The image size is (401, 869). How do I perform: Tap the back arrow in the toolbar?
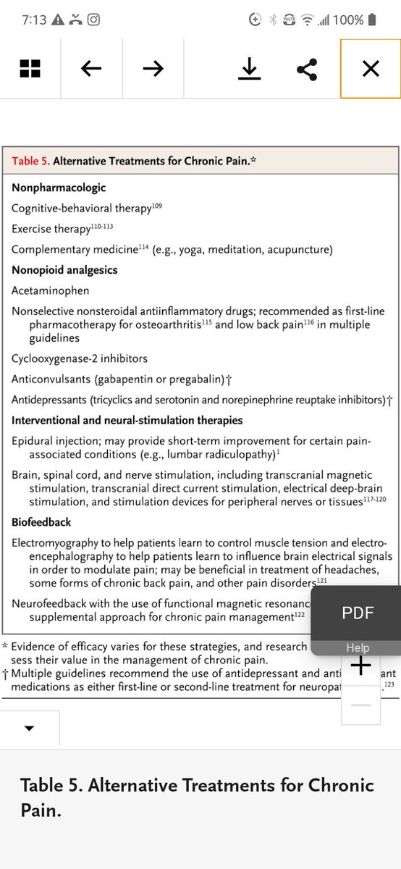(91, 69)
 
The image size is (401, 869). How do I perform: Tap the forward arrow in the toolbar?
(153, 69)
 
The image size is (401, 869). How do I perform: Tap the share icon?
(308, 69)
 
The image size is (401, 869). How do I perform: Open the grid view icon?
(30, 69)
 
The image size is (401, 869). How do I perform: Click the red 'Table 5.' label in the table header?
(30, 161)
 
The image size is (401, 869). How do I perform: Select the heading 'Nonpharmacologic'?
(59, 188)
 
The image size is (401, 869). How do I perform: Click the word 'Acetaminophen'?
(51, 290)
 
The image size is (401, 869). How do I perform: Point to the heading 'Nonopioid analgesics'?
(64, 270)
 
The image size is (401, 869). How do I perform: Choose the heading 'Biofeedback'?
(41, 522)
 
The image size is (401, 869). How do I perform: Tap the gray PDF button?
(358, 613)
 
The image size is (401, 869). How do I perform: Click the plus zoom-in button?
(360, 665)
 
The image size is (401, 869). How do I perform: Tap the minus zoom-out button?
(360, 705)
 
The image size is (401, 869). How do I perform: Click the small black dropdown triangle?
(29, 729)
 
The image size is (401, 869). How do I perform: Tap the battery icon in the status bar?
(372, 20)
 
